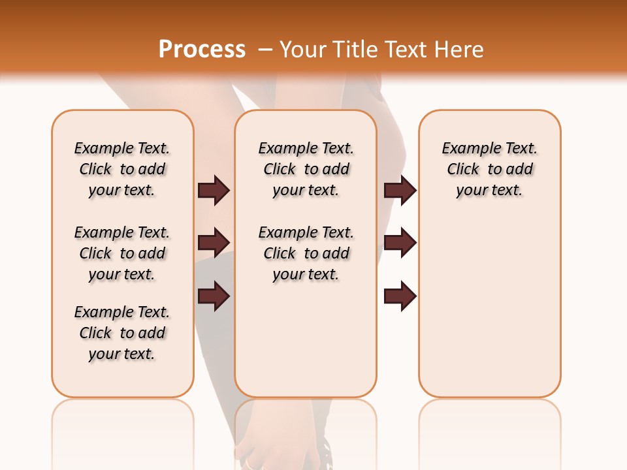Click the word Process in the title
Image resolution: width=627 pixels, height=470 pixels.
point(202,50)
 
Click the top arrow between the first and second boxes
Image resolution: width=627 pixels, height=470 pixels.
point(214,190)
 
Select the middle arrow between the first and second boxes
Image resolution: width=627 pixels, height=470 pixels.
point(214,243)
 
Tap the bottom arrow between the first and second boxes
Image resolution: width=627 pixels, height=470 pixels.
point(214,296)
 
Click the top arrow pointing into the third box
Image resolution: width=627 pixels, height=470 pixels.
point(400,190)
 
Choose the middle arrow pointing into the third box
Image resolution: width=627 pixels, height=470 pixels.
point(400,243)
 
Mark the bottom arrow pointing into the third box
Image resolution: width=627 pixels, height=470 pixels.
point(400,296)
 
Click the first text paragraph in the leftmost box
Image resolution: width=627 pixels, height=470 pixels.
point(122,169)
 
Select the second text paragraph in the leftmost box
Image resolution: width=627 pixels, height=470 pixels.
point(122,253)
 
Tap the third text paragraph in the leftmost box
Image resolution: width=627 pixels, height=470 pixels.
point(122,333)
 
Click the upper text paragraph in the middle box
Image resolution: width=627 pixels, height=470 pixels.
point(306,169)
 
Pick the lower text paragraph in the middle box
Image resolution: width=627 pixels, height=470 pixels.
point(306,253)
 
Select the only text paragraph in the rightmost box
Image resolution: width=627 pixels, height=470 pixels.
point(489,169)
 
